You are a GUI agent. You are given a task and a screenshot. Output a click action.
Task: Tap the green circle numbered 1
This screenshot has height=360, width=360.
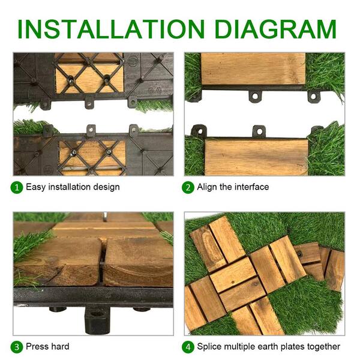coord(18,187)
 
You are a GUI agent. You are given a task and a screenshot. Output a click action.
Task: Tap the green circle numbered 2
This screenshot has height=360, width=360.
coord(188,187)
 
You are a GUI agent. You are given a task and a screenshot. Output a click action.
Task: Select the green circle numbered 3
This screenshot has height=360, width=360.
coord(18,346)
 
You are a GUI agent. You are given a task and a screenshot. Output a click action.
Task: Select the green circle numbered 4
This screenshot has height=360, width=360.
coord(188,346)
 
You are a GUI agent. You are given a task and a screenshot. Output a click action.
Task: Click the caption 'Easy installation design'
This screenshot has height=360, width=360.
coord(73,187)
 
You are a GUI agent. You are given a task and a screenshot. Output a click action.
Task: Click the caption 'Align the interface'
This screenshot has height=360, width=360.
coord(233,187)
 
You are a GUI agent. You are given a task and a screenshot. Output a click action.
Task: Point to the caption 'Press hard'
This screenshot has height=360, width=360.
coord(47,346)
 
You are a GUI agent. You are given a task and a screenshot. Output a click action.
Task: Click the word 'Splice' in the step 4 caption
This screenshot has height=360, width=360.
coord(211,346)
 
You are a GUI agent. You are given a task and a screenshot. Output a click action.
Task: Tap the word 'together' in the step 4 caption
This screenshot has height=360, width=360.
coord(323,346)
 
